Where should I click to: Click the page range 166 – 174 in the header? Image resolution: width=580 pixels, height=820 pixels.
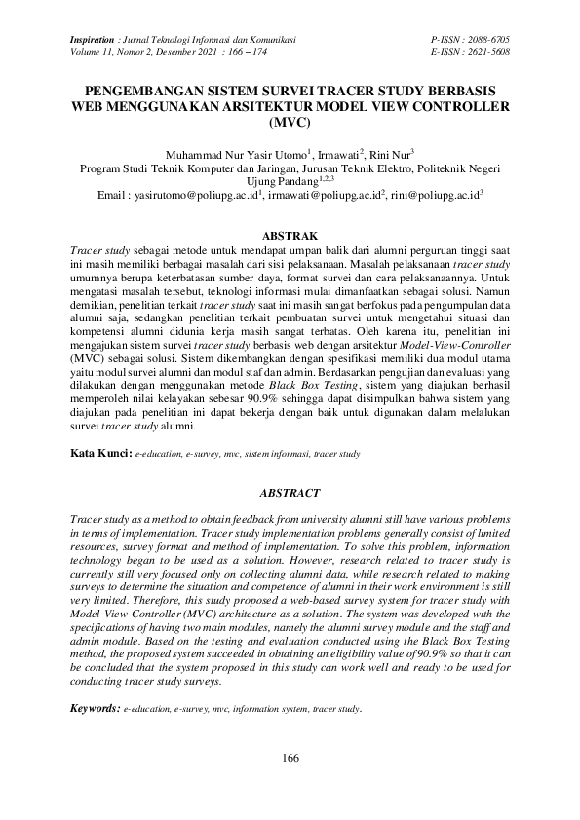click(x=246, y=52)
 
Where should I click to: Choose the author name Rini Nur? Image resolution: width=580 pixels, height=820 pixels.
click(x=391, y=155)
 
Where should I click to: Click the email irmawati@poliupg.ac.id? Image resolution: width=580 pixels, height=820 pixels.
click(x=319, y=197)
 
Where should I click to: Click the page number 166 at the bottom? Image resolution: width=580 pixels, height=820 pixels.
click(x=289, y=758)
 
